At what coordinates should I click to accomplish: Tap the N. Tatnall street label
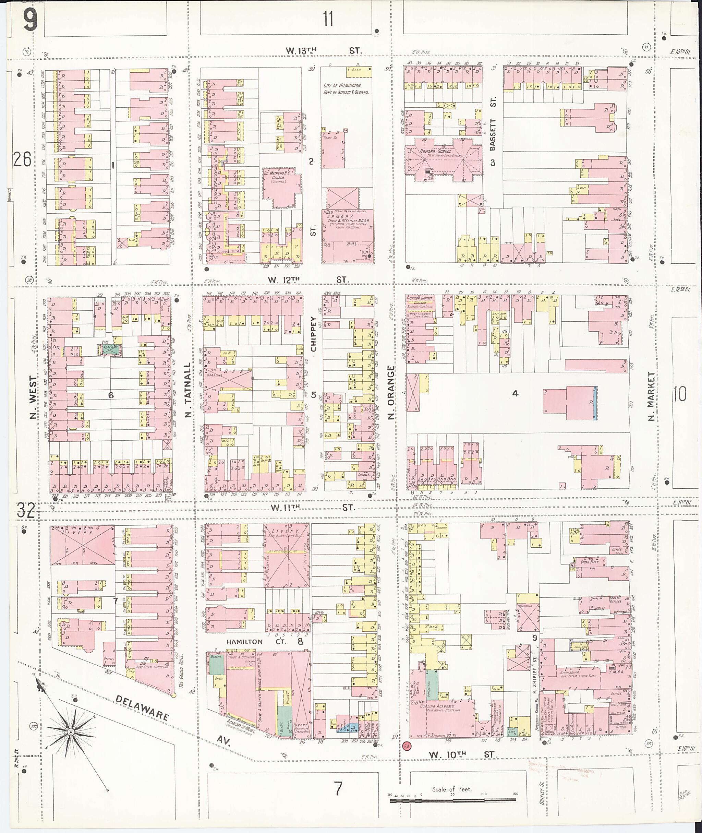click(x=189, y=390)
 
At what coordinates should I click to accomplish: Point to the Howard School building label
click(x=436, y=151)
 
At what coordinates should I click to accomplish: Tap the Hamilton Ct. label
click(x=244, y=642)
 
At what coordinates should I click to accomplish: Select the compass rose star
click(x=70, y=732)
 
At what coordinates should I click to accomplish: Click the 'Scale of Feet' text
click(x=451, y=789)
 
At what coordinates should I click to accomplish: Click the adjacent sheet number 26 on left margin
click(x=22, y=160)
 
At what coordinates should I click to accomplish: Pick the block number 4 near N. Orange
click(x=515, y=393)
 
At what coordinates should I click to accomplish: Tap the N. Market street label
click(x=651, y=396)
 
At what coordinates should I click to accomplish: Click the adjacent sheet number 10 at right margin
click(x=680, y=394)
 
